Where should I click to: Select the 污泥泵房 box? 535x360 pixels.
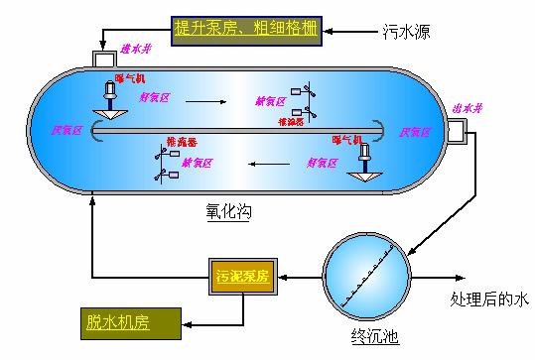(x=242, y=273)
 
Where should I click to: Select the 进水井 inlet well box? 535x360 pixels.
(x=103, y=59)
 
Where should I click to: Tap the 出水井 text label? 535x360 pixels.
(x=465, y=107)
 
